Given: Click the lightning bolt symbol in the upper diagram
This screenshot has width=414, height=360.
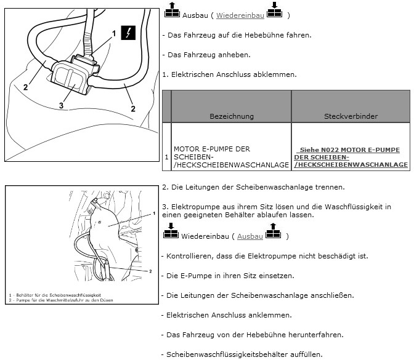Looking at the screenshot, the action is pos(128,33).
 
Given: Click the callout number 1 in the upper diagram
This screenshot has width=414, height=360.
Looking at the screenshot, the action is pos(114,33).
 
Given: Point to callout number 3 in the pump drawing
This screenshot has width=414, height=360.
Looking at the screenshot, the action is pos(61,105).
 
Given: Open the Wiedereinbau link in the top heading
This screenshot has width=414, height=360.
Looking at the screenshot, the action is pos(240,15).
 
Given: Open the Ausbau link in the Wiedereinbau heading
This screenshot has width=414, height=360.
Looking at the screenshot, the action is pos(250,236).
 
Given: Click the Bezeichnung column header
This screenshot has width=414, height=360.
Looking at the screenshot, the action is pos(232,116).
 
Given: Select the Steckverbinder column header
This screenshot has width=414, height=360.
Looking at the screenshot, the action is pos(351,116).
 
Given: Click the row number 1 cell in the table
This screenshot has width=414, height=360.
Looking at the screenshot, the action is pos(166,157).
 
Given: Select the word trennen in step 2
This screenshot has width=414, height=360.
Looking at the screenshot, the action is pos(331,187).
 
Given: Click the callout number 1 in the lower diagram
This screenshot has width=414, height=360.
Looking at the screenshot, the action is pos(154,214).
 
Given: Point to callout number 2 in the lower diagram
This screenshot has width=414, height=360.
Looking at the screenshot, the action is pos(150,271).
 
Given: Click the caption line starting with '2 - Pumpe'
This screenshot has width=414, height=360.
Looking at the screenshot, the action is pos(61,300).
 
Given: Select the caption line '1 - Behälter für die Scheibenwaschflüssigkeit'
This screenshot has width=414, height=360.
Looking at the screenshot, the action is pos(55,295).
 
